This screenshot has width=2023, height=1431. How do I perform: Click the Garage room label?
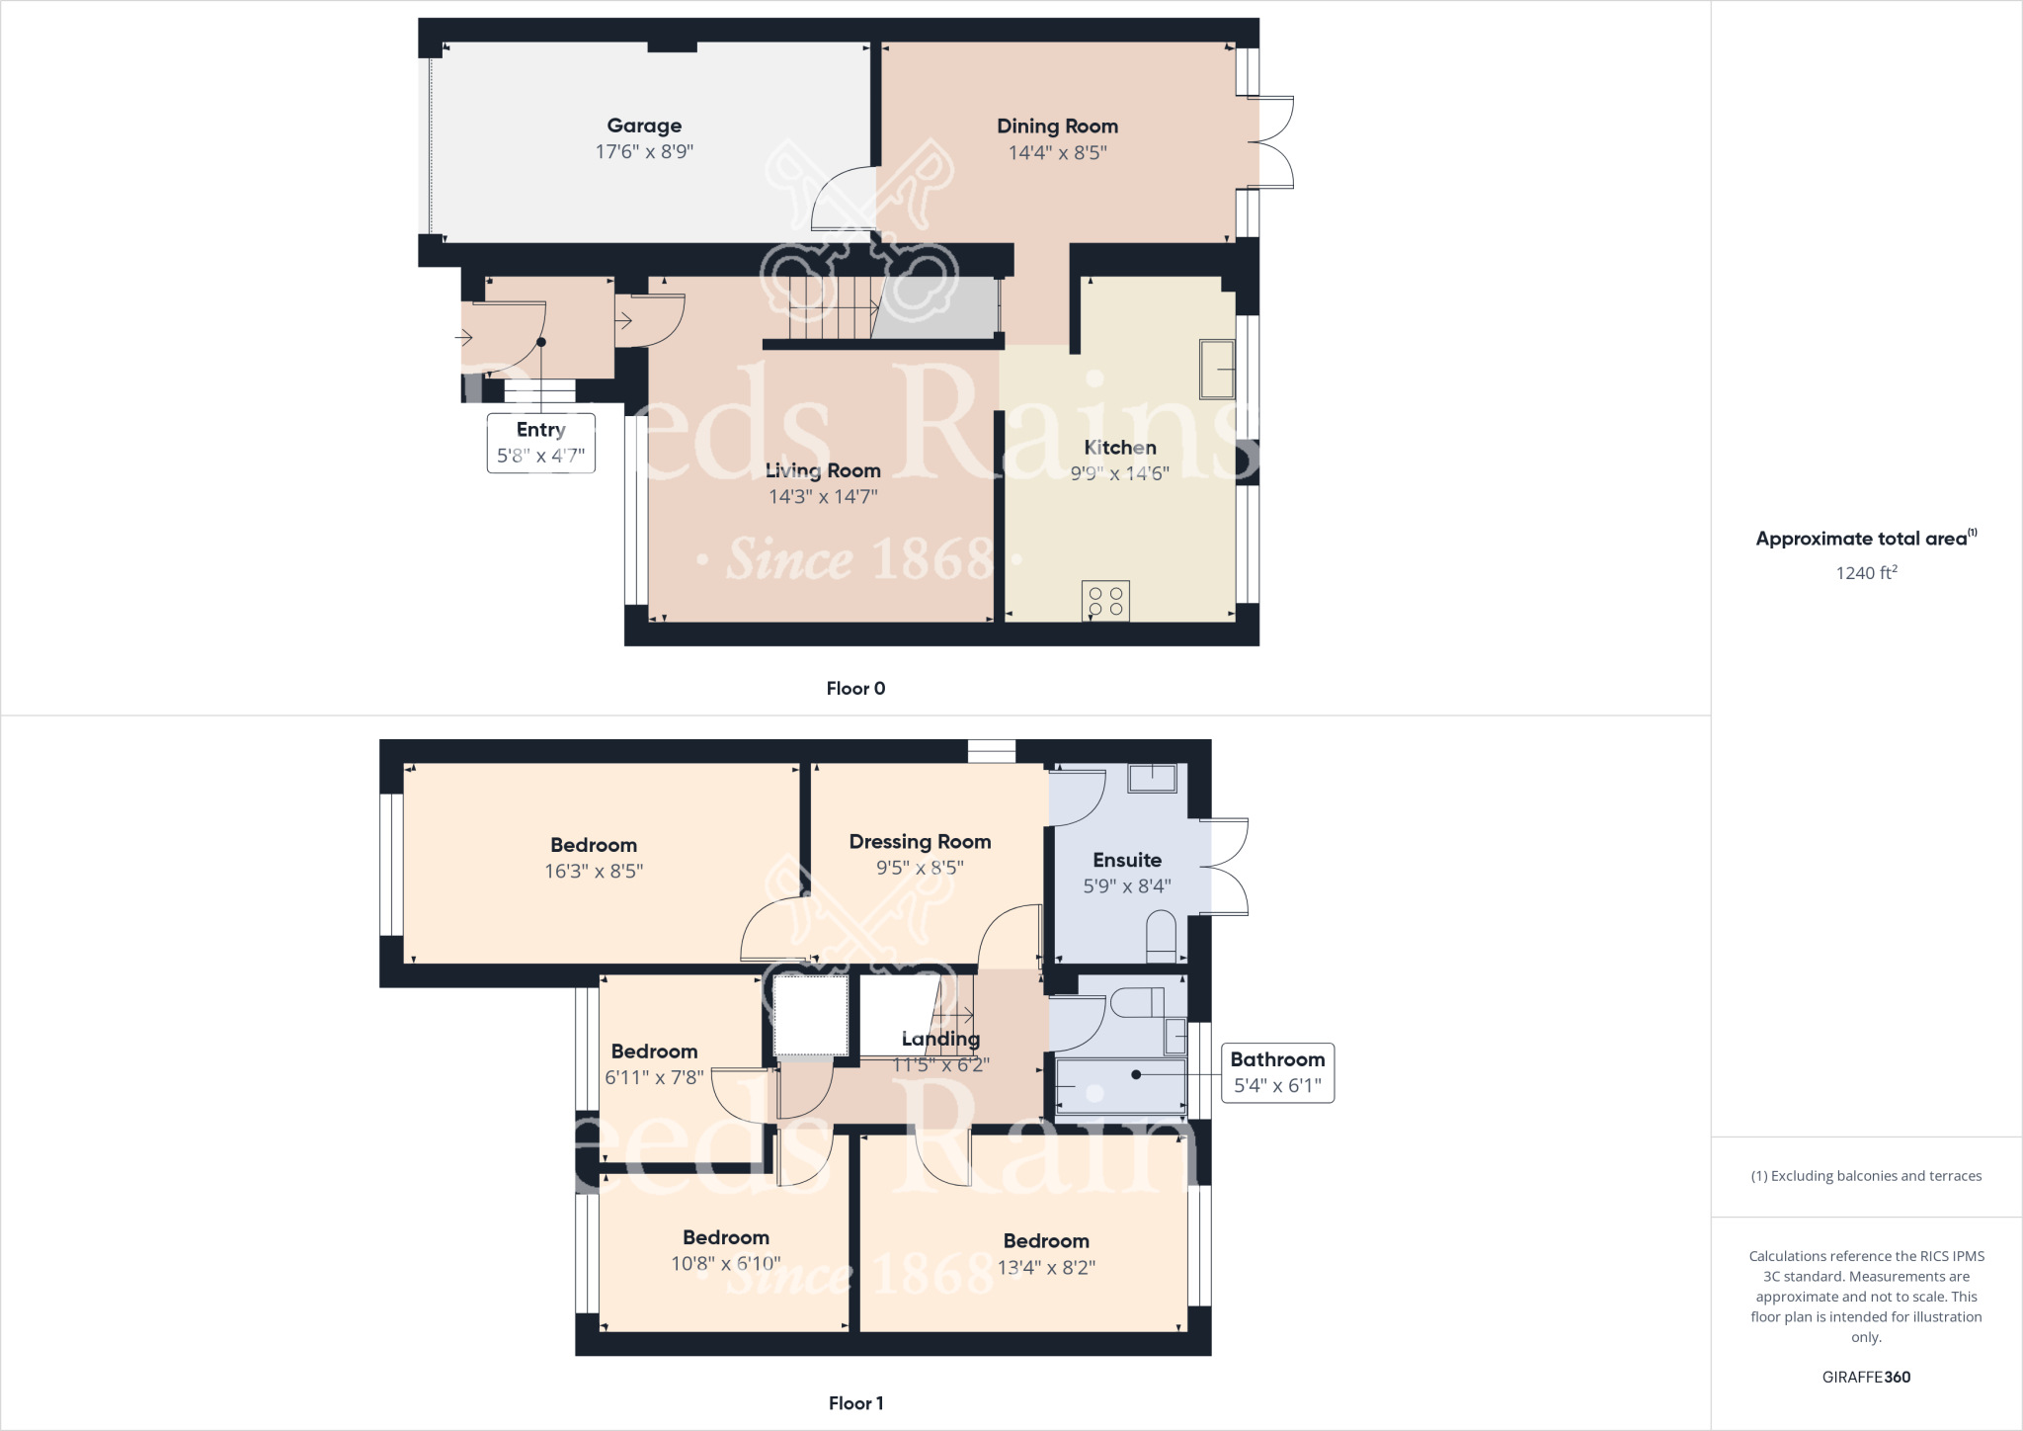pyautogui.click(x=644, y=126)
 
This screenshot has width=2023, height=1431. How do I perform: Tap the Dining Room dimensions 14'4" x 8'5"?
pyautogui.click(x=1057, y=152)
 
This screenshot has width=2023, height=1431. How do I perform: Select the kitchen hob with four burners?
pyautogui.click(x=1105, y=601)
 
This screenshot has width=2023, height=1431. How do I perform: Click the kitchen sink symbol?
pyautogui.click(x=1217, y=369)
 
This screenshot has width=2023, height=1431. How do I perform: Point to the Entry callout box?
pyautogui.click(x=540, y=443)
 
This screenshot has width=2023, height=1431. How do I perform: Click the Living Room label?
pyautogui.click(x=823, y=470)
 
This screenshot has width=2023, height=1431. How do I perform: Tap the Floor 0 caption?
pyautogui.click(x=855, y=688)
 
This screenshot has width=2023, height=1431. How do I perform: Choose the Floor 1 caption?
pyautogui.click(x=855, y=1402)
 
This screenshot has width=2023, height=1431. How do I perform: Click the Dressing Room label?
pyautogui.click(x=920, y=841)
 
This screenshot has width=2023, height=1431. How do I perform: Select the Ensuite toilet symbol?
pyautogui.click(x=1162, y=937)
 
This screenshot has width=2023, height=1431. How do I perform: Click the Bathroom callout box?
pyautogui.click(x=1277, y=1072)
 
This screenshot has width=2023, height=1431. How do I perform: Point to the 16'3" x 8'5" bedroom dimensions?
pyautogui.click(x=594, y=871)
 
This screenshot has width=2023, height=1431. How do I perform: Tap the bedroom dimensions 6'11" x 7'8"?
pyautogui.click(x=654, y=1077)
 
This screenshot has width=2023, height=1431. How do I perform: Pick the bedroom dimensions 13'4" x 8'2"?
pyautogui.click(x=1046, y=1267)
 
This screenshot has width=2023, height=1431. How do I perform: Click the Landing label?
pyautogui.click(x=940, y=1039)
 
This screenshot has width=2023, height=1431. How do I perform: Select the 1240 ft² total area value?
pyautogui.click(x=1866, y=572)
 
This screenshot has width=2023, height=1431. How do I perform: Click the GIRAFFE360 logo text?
pyautogui.click(x=1866, y=1377)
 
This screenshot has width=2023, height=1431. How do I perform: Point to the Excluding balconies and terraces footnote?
pyautogui.click(x=1866, y=1176)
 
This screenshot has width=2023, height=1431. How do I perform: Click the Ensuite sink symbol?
pyautogui.click(x=1152, y=778)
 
